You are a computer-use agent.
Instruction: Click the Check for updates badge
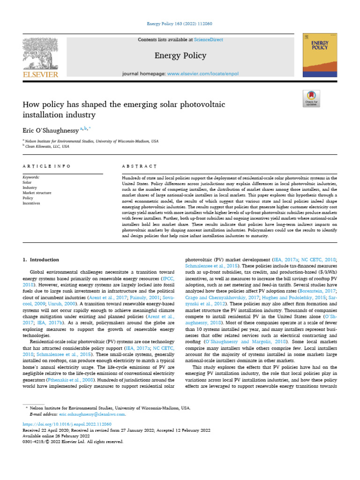pos(312,98)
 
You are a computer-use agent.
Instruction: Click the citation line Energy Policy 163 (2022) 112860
pos(180,24)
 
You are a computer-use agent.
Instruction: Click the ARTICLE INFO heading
pos(47,166)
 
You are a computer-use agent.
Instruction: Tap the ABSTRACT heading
pos(139,166)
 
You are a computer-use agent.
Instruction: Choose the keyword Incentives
pos(31,203)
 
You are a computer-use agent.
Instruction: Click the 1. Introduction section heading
pos(41,260)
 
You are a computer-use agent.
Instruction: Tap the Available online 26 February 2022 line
pos(53,435)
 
